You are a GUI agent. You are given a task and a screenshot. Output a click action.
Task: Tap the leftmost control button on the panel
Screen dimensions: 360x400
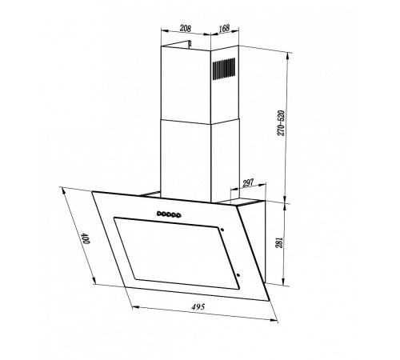158,214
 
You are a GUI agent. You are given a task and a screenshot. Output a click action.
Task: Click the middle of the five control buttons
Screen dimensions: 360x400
170,214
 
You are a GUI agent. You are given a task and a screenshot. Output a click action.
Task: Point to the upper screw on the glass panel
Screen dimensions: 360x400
223,230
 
